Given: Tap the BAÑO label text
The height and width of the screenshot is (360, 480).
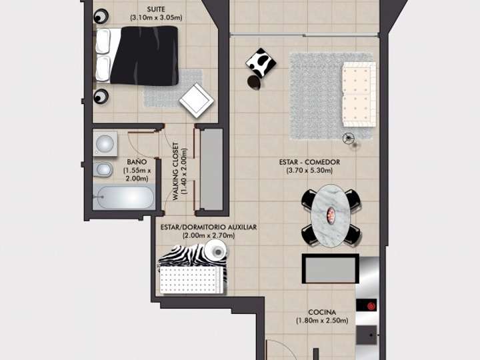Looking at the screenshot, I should [137, 162].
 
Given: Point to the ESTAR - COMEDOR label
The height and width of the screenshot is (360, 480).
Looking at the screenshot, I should [310, 162].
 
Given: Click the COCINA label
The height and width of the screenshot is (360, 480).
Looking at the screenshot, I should [322, 312].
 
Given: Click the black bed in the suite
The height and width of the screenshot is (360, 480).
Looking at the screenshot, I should [143, 55].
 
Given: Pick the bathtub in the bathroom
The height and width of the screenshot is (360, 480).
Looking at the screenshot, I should [125, 198].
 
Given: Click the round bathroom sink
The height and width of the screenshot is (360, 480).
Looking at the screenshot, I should [105, 143].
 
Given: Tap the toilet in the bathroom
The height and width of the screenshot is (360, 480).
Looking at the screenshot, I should [103, 171].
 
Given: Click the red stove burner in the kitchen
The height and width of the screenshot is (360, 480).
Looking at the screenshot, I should [369, 306].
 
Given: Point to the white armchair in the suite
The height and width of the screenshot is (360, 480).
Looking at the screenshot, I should [197, 99].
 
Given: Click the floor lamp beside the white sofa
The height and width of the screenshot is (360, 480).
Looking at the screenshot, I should [349, 139].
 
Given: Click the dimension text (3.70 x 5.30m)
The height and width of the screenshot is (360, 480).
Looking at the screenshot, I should [309, 171].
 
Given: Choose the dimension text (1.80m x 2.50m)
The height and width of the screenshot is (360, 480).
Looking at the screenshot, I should [322, 321].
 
